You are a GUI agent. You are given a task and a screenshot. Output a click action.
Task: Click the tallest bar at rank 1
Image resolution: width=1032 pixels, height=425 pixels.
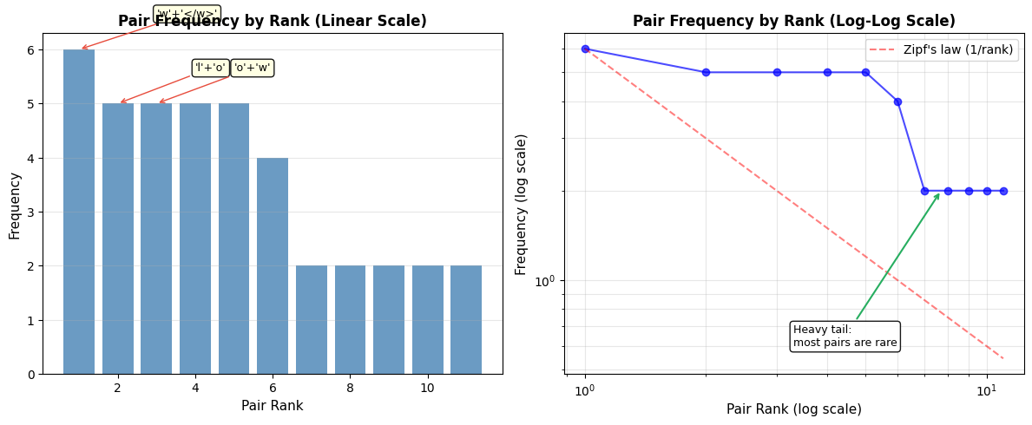pyautogui.click(x=79, y=212)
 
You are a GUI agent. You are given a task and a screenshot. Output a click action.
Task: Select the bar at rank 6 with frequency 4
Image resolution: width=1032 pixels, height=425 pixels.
pyautogui.click(x=273, y=265)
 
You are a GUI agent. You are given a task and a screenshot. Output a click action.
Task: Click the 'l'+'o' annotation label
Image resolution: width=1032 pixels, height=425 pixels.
pyautogui.click(x=210, y=68)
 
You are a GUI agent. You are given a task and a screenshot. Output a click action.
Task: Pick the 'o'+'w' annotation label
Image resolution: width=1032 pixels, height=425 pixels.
pyautogui.click(x=253, y=68)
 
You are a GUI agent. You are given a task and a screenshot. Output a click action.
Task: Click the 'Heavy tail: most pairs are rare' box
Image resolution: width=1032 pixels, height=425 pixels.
pyautogui.click(x=845, y=336)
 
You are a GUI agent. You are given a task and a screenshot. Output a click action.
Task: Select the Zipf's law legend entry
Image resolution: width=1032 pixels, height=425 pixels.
pyautogui.click(x=942, y=49)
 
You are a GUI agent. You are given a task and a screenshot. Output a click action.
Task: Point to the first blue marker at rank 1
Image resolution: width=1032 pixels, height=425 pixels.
pyautogui.click(x=585, y=49)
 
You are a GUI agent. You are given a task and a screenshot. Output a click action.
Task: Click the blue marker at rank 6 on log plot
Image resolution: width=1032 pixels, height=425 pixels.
pyautogui.click(x=897, y=101)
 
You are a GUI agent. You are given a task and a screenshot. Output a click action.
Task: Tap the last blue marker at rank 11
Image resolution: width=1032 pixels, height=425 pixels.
pyautogui.click(x=1003, y=191)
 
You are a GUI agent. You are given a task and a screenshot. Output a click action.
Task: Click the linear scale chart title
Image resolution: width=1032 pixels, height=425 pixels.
pyautogui.click(x=273, y=22)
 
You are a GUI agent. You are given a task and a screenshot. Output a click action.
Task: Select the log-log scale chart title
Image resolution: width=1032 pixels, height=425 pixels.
pyautogui.click(x=793, y=22)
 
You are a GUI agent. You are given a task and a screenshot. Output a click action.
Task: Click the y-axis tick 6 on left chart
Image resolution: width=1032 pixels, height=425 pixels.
pyautogui.click(x=31, y=49)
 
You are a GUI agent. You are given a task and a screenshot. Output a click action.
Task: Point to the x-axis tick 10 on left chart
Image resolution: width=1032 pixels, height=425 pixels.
pyautogui.click(x=427, y=388)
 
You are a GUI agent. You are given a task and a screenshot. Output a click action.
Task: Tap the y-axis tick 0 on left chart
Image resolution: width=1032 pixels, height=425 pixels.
pyautogui.click(x=31, y=374)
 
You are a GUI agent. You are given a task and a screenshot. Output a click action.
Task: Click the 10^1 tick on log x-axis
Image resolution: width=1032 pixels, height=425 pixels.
pyautogui.click(x=986, y=391)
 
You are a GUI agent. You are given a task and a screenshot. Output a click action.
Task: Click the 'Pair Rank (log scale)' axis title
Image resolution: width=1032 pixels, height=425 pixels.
pyautogui.click(x=793, y=409)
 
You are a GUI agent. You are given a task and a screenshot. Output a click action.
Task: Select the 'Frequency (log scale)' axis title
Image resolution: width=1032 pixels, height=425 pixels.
pyautogui.click(x=522, y=204)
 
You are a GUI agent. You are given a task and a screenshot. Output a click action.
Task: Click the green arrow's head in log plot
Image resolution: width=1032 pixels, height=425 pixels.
pyautogui.click(x=939, y=194)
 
